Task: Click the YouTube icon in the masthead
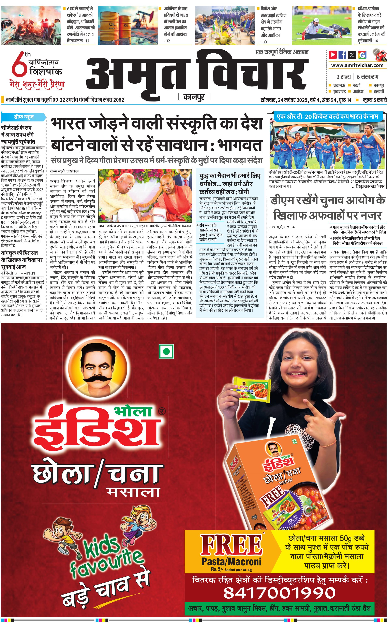tap(333, 55)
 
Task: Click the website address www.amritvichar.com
tap(357, 65)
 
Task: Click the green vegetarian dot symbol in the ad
tap(166, 351)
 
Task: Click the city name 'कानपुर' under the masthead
tap(194, 97)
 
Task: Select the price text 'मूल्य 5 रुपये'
tap(374, 100)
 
